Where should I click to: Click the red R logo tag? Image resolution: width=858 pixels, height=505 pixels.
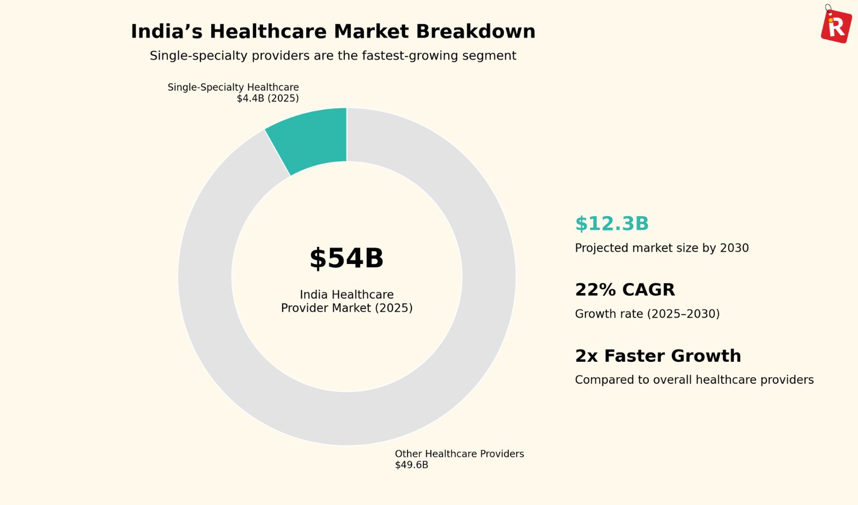[x=836, y=26]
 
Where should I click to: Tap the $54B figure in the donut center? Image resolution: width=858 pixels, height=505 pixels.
[x=346, y=259]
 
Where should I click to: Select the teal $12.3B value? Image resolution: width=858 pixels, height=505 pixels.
[x=612, y=224]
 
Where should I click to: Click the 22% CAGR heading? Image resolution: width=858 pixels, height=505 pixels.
[x=625, y=290]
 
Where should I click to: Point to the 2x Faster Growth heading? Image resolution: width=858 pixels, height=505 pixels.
[x=658, y=356]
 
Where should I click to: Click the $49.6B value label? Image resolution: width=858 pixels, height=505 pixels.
[x=411, y=465]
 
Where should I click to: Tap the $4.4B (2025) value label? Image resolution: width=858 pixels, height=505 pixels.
[x=268, y=99]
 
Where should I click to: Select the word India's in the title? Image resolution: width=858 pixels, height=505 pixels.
[x=166, y=32]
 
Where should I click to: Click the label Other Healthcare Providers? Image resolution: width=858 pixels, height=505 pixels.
[x=459, y=454]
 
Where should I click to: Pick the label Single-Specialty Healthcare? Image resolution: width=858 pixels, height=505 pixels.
[x=233, y=87]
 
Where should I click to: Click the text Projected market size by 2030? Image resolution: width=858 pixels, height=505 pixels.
[x=662, y=248]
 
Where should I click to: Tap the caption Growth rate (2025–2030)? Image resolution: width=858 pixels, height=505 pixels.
[x=647, y=314]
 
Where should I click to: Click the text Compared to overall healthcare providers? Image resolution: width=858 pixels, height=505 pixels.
[x=694, y=380]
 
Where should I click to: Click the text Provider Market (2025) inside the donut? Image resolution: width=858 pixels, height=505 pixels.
[x=346, y=308]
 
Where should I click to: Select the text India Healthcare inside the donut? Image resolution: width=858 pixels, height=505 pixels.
[x=346, y=295]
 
